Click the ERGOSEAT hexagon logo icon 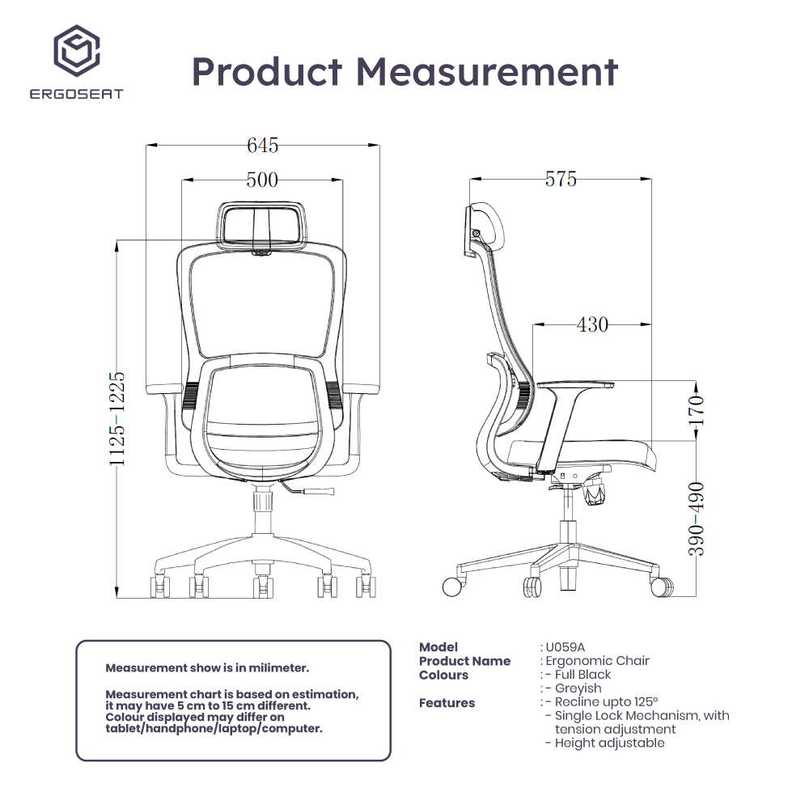(x=76, y=50)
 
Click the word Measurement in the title (x=487, y=72)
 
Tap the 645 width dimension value (x=263, y=146)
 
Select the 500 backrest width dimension (x=262, y=180)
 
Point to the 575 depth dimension (x=561, y=180)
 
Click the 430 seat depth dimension (x=592, y=324)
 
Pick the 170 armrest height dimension (x=697, y=410)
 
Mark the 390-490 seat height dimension (x=697, y=519)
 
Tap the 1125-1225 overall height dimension (x=118, y=418)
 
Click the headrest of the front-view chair (x=263, y=222)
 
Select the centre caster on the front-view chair (x=263, y=586)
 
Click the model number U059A (x=565, y=647)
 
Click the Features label (x=447, y=703)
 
